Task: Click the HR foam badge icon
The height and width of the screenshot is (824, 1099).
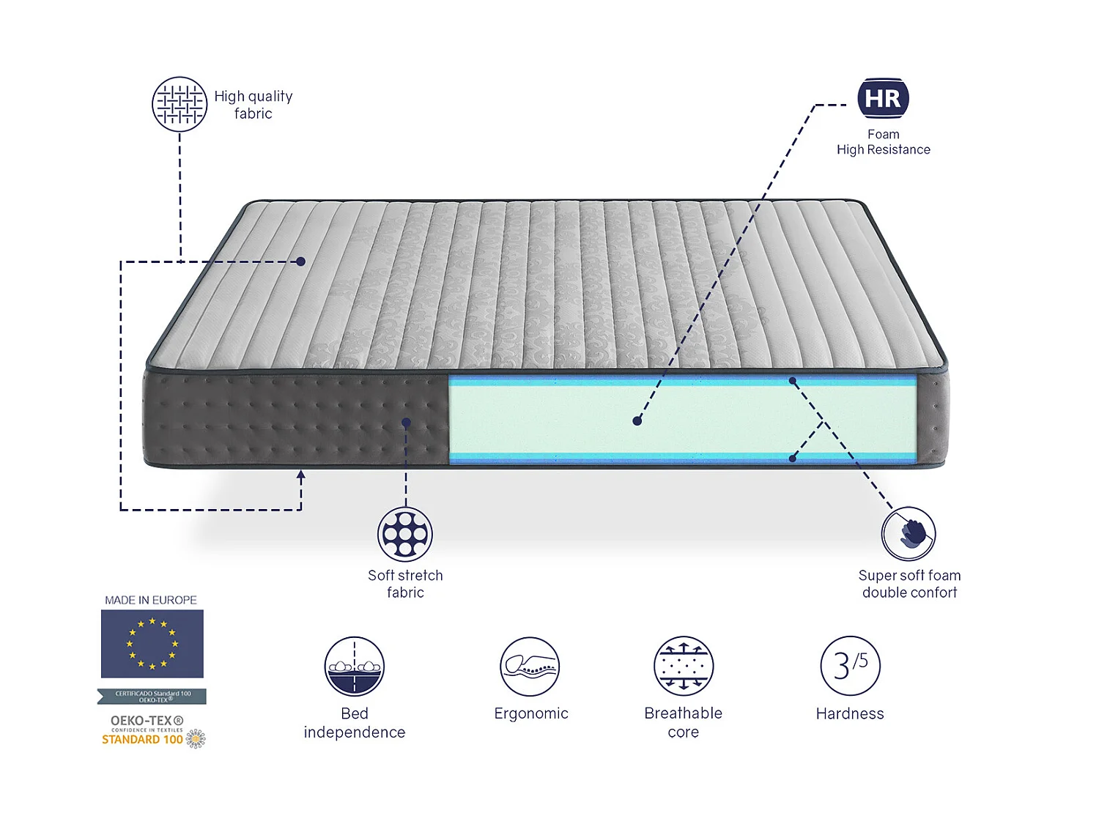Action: [883, 98]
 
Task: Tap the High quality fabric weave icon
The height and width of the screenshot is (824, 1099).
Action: [180, 104]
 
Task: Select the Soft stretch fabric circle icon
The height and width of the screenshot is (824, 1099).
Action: [405, 534]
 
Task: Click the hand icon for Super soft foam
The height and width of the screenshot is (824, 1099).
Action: [909, 534]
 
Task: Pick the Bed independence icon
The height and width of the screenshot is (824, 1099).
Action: [355, 666]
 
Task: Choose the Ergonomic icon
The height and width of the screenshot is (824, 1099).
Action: [530, 666]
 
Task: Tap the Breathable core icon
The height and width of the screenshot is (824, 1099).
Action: [684, 666]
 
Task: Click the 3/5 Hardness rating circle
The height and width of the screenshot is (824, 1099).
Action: [850, 666]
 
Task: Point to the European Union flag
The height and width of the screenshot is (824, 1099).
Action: [152, 644]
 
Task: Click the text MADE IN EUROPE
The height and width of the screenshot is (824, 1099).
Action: [151, 600]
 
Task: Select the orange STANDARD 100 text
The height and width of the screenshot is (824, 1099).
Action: [142, 740]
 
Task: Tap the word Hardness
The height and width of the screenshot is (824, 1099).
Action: [850, 713]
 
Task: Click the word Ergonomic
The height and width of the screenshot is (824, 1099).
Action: [531, 713]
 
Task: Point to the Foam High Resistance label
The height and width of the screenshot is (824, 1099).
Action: [884, 142]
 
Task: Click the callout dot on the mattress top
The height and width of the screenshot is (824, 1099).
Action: [301, 261]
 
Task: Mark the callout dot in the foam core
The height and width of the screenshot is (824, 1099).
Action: [637, 421]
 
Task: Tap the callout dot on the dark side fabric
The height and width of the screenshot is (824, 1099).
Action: [406, 423]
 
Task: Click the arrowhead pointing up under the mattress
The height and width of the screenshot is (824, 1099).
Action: [300, 475]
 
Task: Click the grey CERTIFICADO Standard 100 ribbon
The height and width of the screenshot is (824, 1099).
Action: [152, 696]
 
